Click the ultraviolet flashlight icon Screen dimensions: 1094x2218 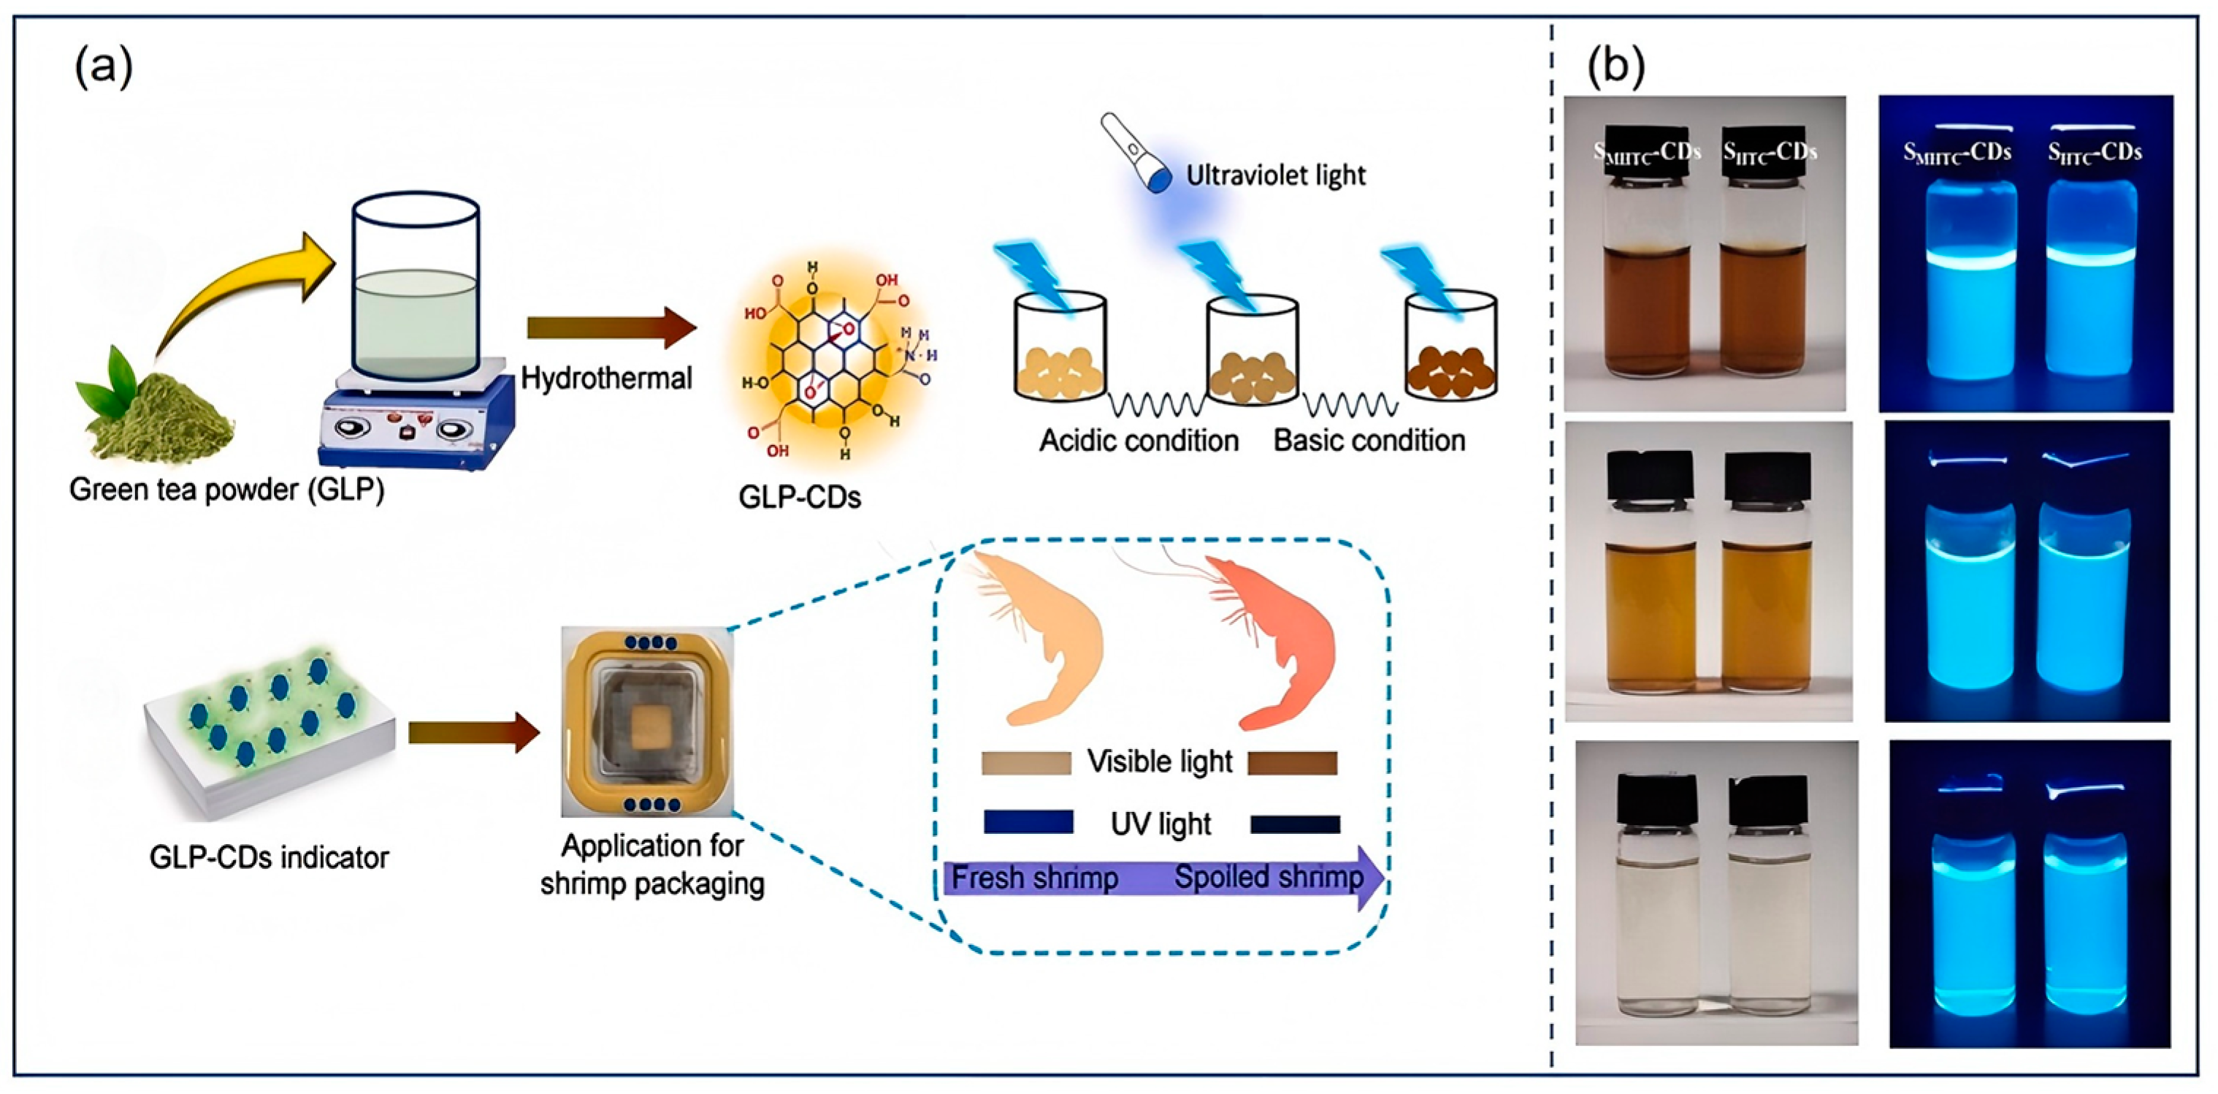(1136, 154)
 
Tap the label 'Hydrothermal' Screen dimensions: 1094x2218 (606, 378)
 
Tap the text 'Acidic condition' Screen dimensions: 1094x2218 (1139, 441)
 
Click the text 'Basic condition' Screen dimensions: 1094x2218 (1369, 441)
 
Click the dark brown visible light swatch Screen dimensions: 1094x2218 (1291, 763)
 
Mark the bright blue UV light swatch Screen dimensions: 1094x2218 (1028, 822)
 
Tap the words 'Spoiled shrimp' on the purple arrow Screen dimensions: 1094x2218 (1269, 878)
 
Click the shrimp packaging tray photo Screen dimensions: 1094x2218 (646, 722)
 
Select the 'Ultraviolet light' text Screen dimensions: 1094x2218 (1275, 175)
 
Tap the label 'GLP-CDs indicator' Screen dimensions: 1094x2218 (269, 858)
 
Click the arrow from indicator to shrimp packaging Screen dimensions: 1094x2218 (473, 733)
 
